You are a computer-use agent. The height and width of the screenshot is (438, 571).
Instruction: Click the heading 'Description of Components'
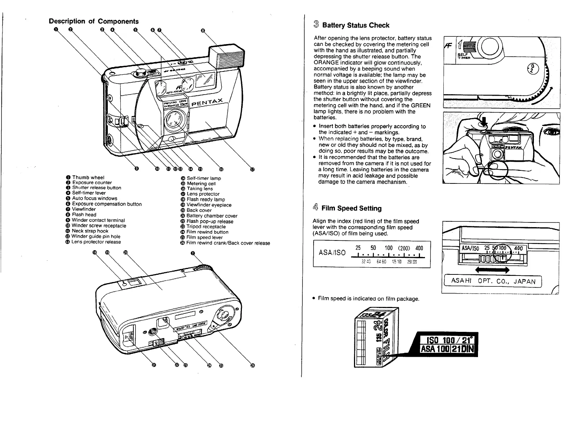click(x=94, y=21)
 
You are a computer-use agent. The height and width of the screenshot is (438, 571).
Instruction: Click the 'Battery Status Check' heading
click(x=355, y=25)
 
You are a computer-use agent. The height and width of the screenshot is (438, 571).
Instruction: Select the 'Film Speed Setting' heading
click(x=351, y=208)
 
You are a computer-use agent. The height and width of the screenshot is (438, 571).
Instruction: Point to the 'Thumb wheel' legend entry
click(x=88, y=177)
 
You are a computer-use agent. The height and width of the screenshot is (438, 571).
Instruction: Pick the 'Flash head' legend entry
click(x=84, y=214)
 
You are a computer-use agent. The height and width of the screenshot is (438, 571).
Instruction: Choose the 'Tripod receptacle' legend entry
click(x=206, y=227)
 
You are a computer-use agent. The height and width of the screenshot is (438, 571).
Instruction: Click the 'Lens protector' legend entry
click(x=203, y=194)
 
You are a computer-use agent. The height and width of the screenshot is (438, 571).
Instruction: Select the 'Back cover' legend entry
click(x=199, y=210)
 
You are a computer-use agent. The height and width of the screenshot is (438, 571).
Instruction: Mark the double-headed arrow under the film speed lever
click(x=493, y=270)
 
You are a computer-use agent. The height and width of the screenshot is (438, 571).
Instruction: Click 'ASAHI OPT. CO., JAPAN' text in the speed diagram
click(x=492, y=281)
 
